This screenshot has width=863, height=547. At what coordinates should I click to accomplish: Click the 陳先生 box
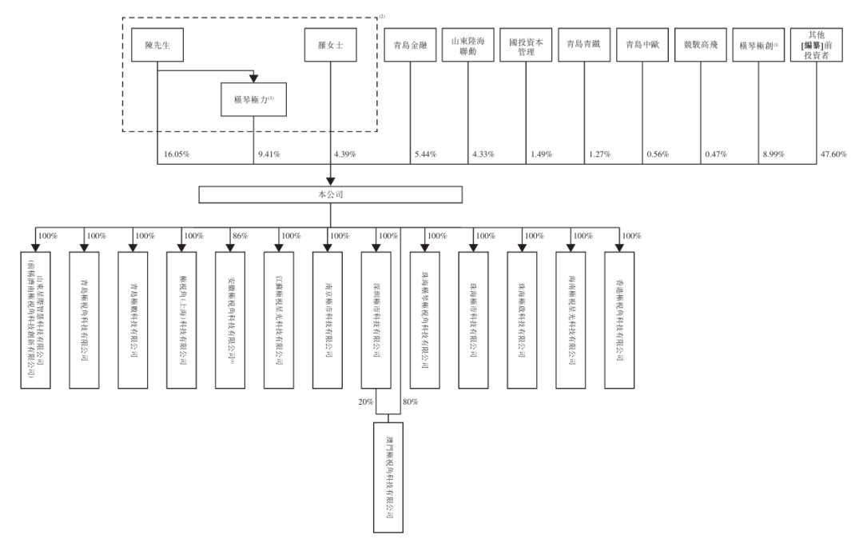coord(158,46)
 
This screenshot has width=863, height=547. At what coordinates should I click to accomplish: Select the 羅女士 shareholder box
coord(329,46)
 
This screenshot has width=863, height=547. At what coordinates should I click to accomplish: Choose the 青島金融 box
coord(410,46)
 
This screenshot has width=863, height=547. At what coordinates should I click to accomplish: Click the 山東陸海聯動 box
coord(468,46)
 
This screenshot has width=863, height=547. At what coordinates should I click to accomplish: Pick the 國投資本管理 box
coord(527,46)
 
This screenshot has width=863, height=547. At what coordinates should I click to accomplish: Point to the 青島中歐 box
coord(642,46)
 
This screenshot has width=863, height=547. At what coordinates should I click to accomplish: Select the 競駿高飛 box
coord(701,46)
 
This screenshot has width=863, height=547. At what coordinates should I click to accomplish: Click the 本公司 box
coord(331,194)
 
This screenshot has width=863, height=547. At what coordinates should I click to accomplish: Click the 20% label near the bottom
coord(366,401)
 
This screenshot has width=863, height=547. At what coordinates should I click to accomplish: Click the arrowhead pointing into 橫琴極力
coord(253,78)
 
